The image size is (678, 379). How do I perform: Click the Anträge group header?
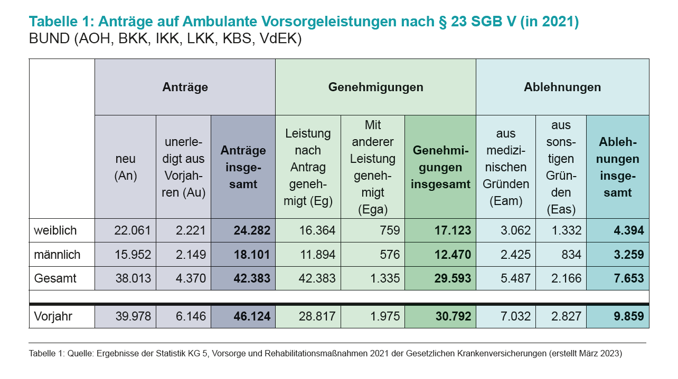coord(185,87)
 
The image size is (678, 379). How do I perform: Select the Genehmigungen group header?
coord(375,87)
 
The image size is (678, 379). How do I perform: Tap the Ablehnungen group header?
coord(562,87)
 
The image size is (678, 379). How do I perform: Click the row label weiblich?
coord(55,230)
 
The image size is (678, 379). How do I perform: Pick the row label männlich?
coord(57,255)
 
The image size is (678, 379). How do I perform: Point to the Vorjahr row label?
coord(53,316)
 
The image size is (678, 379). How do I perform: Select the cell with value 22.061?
coord(133,230)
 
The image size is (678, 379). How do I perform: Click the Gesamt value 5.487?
coord(512,278)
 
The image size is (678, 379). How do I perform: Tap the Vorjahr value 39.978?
coord(133,316)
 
